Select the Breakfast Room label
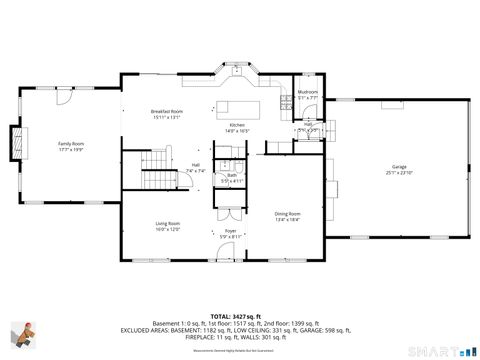pyautogui.click(x=167, y=111)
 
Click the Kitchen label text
pyautogui.click(x=237, y=125)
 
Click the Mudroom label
pyautogui.click(x=307, y=92)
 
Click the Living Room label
pyautogui.click(x=167, y=223)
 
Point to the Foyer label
pyautogui.click(x=230, y=230)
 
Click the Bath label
pyautogui.click(x=231, y=175)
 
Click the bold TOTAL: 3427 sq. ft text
pyautogui.click(x=236, y=314)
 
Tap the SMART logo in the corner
pyautogui.click(x=441, y=350)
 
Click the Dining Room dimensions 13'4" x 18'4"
pyautogui.click(x=288, y=220)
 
